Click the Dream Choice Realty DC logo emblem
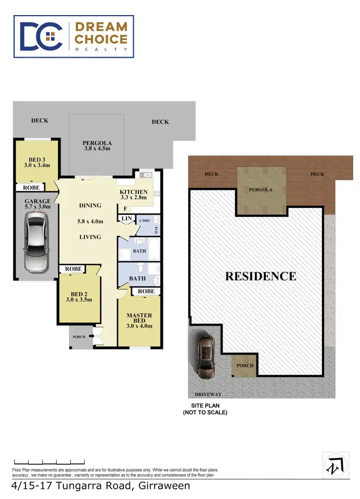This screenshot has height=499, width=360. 42,36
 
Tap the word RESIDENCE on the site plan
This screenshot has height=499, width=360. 261,276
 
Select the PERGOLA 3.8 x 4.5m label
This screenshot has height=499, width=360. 97,146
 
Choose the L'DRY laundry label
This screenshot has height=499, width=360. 145,221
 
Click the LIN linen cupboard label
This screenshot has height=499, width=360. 126,219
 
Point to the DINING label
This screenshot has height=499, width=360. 90,205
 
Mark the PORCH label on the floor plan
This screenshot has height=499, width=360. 79,337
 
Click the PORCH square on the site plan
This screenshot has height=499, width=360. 245,365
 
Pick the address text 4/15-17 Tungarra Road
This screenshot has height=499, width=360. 100,487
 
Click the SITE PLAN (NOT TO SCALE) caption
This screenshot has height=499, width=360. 205,409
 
